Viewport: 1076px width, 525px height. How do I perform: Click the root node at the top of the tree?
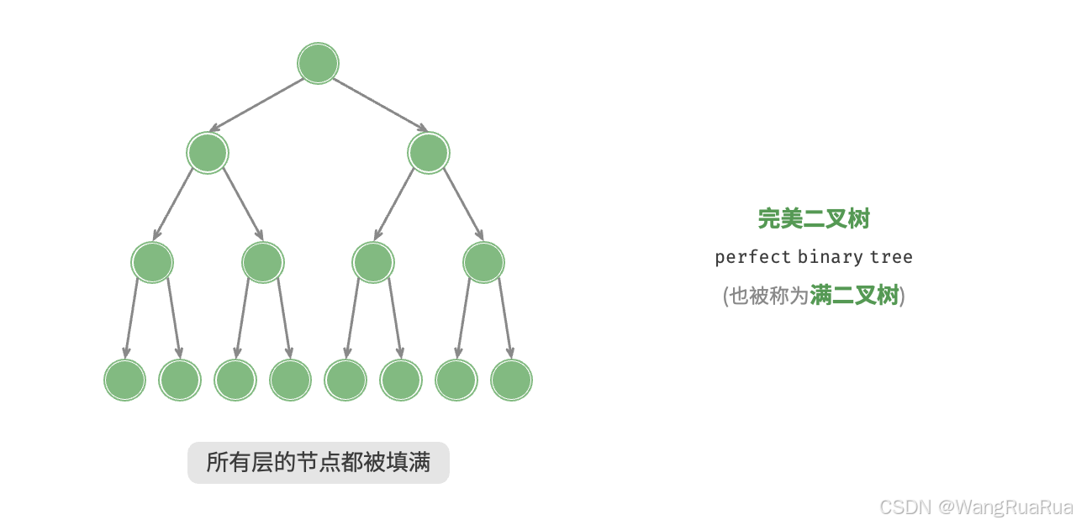[x=318, y=64]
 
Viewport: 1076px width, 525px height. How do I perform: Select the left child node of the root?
[x=208, y=153]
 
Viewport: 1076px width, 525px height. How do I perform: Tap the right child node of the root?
[x=428, y=153]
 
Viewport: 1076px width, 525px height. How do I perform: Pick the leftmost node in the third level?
[x=152, y=262]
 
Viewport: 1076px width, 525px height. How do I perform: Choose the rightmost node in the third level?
[x=483, y=262]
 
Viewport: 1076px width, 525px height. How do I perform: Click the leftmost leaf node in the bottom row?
[x=124, y=380]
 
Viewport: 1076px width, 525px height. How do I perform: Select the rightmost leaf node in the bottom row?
[x=511, y=380]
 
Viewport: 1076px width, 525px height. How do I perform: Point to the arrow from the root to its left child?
[x=256, y=106]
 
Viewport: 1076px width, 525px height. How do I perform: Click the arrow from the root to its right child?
[x=380, y=106]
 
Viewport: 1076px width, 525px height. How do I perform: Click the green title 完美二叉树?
[x=813, y=218]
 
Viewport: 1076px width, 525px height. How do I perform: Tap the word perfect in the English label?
[x=752, y=257]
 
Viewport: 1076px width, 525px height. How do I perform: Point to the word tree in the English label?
[x=891, y=257]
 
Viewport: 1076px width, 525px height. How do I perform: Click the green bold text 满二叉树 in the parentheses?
[x=854, y=296]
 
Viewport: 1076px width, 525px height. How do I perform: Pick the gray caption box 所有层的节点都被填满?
[x=318, y=463]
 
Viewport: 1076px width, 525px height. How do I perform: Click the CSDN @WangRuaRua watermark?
[x=976, y=507]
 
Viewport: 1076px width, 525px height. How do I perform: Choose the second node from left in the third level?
[x=262, y=262]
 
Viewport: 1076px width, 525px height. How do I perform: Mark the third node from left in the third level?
[x=373, y=262]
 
